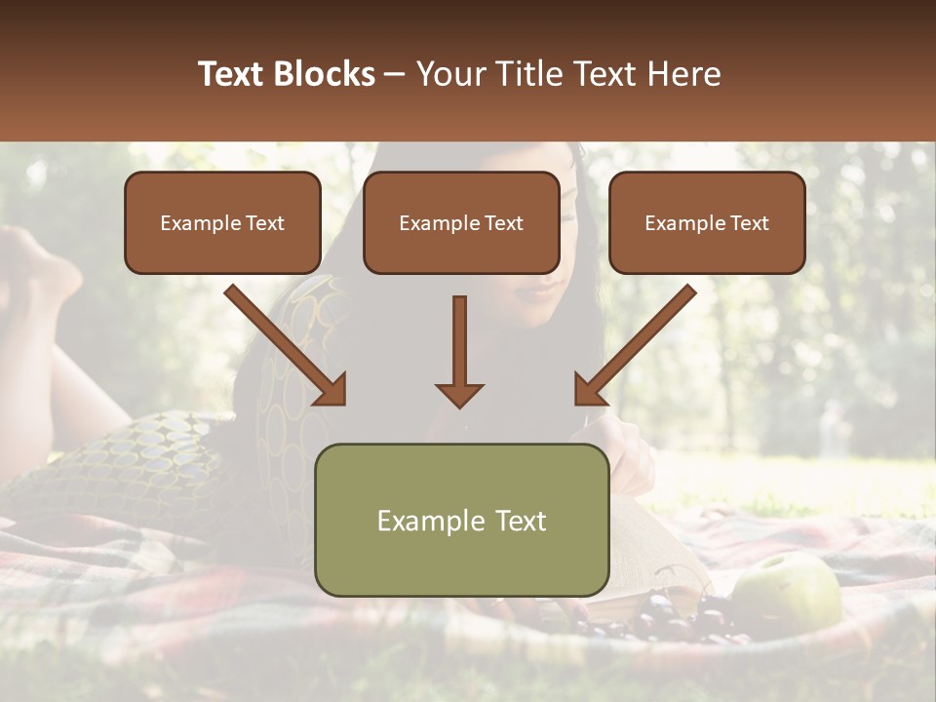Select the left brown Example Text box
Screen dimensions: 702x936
(x=222, y=222)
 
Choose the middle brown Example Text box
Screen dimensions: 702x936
(x=461, y=222)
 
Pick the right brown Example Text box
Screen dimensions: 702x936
(x=707, y=222)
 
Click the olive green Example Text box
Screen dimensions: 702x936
(x=462, y=520)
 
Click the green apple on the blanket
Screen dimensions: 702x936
(x=788, y=591)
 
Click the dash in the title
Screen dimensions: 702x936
(x=395, y=74)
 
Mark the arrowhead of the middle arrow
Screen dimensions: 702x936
(x=459, y=395)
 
